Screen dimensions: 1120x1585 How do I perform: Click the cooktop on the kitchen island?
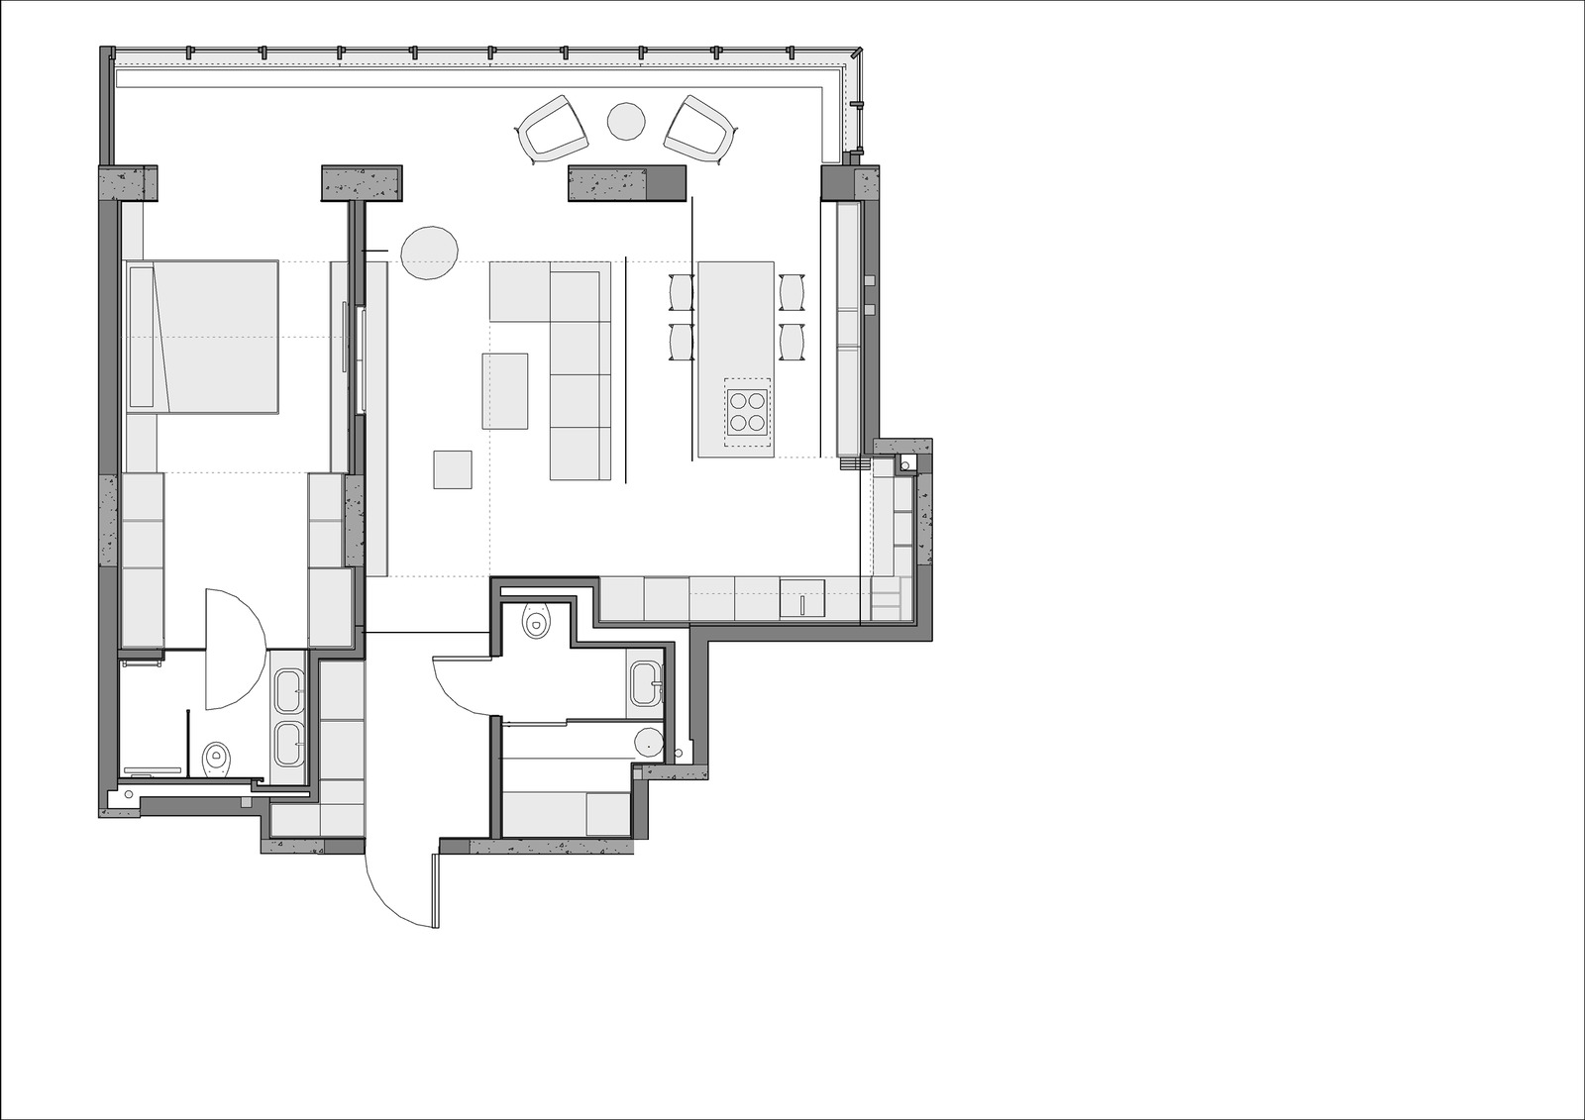point(748,411)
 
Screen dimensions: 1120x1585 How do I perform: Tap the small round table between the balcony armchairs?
point(626,122)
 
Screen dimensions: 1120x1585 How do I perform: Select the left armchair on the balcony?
point(546,129)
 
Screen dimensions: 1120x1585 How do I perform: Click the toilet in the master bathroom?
point(217,761)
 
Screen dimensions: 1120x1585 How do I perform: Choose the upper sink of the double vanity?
point(289,690)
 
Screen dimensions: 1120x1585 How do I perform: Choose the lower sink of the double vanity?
point(289,743)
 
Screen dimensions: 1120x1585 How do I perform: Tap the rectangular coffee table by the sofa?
point(505,391)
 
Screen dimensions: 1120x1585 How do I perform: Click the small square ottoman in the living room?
point(453,469)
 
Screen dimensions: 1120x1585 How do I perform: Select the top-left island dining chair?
point(682,293)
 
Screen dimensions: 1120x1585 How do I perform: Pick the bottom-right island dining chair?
point(792,342)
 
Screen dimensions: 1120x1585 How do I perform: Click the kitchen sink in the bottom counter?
point(801,600)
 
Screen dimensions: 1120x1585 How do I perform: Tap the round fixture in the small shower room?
point(648,740)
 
